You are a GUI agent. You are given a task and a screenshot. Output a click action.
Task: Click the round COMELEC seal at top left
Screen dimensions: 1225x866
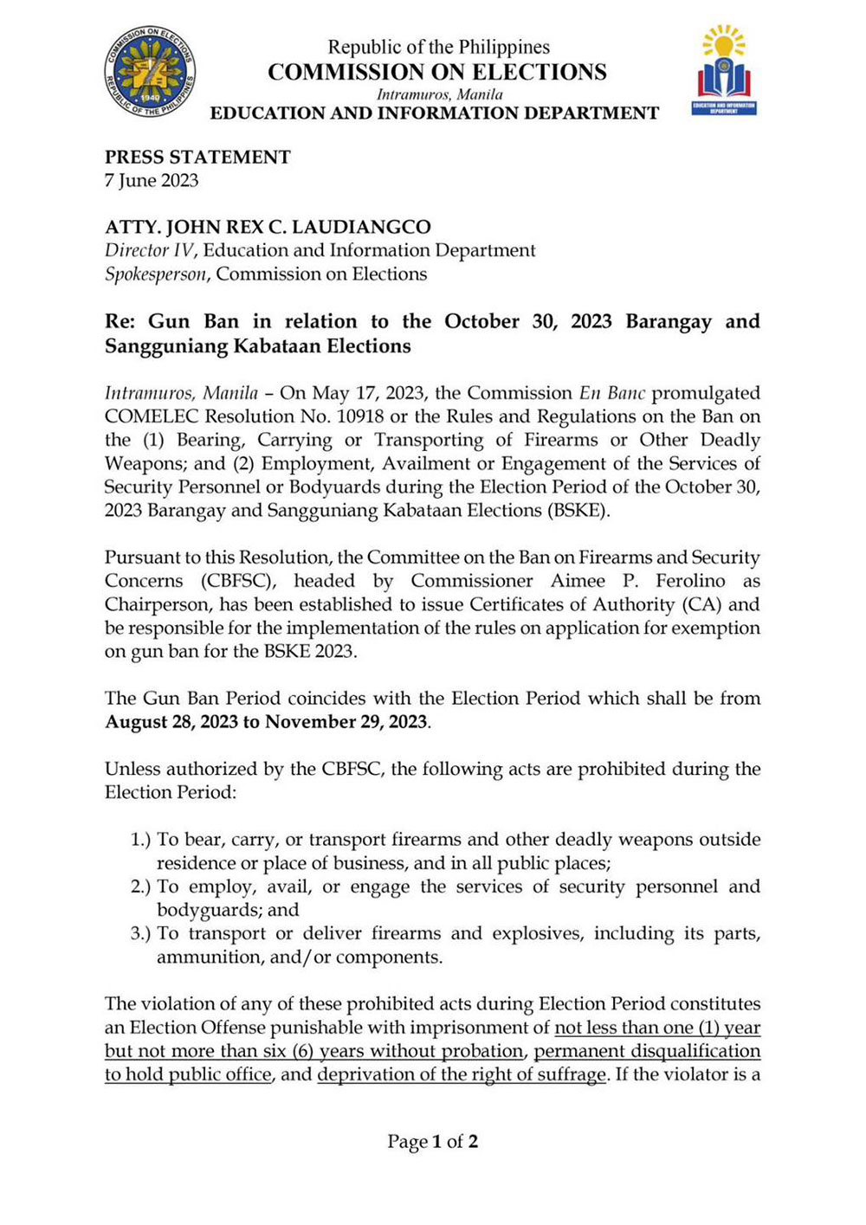[150, 72]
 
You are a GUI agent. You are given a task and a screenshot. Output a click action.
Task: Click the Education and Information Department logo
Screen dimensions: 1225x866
[724, 71]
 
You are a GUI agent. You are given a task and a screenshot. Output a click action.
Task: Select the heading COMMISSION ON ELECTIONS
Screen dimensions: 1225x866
[436, 72]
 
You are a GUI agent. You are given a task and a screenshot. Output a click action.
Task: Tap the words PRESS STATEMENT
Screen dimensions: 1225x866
[197, 157]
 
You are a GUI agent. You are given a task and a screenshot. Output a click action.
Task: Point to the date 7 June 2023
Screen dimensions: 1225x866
[152, 180]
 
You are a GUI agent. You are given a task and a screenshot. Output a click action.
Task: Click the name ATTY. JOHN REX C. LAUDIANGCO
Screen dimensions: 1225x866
[268, 227]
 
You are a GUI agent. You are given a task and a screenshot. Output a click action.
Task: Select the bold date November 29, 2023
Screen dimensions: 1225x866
[346, 722]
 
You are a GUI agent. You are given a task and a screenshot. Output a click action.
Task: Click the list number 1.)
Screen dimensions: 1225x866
[140, 840]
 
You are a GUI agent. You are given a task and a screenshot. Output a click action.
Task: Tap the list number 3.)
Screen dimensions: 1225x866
[140, 933]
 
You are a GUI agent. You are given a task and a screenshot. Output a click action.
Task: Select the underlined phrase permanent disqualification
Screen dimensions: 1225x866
[647, 1051]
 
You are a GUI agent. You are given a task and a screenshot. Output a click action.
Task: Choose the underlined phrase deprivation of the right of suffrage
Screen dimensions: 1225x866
[462, 1074]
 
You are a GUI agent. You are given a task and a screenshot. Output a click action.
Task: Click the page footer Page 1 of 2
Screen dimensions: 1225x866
[432, 1141]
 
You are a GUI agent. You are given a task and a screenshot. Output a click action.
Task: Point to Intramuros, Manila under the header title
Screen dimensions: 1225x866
[439, 93]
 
